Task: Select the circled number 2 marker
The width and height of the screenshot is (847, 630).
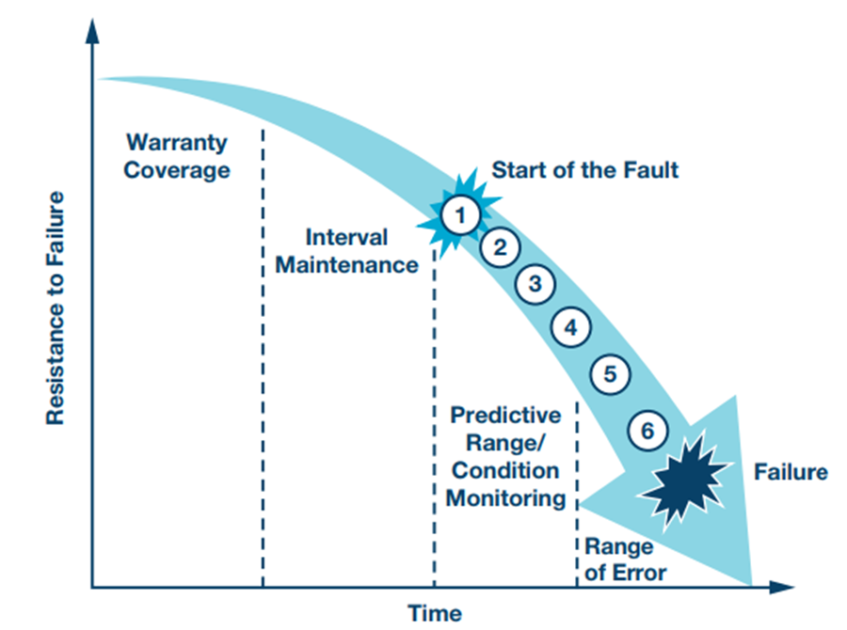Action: [x=501, y=248]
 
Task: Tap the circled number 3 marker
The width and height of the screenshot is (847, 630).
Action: [x=535, y=284]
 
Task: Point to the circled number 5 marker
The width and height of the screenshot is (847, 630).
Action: [x=609, y=374]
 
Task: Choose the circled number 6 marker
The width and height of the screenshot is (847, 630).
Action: [x=647, y=430]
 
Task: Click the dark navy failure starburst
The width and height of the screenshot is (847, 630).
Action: [x=681, y=480]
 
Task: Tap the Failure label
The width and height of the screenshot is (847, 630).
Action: [x=791, y=471]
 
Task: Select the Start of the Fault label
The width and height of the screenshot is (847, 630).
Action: [x=584, y=170]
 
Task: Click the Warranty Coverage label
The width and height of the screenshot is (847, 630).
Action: [x=177, y=156]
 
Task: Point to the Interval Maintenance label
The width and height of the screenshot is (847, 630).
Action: [x=346, y=251]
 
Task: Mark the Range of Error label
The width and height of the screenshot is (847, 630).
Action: [x=626, y=559]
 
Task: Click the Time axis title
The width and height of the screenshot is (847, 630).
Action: [x=435, y=613]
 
